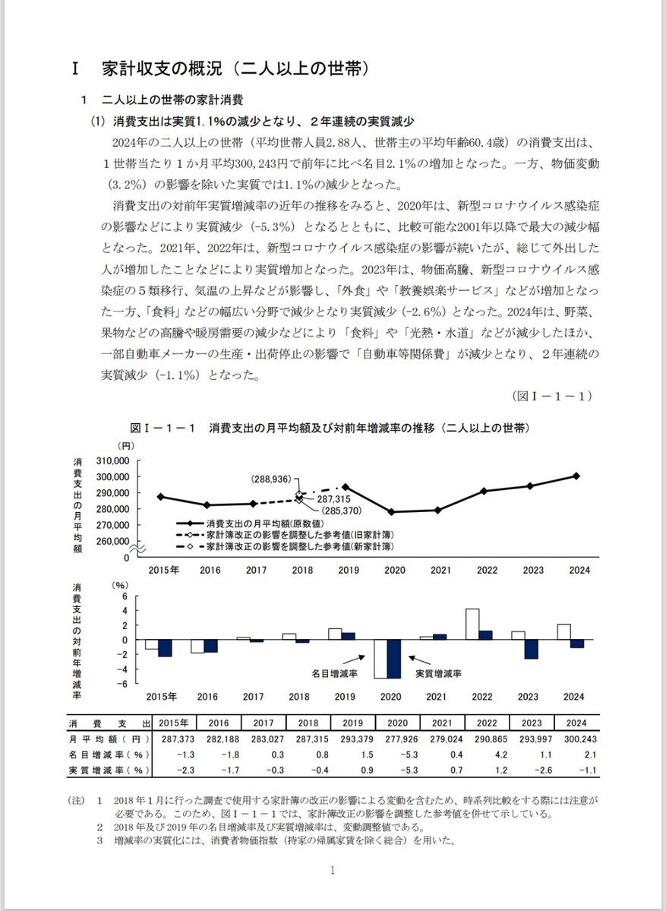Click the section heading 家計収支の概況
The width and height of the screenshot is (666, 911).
235,68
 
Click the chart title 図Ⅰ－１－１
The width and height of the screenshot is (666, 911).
330,429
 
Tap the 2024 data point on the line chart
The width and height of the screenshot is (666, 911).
576,476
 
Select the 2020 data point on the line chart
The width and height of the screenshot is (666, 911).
391,512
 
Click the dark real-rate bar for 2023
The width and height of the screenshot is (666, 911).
531,649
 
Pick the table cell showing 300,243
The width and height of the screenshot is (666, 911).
576,739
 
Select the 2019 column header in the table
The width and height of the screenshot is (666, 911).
353,723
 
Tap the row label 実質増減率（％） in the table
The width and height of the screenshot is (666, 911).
109,770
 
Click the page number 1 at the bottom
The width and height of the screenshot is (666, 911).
333,871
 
